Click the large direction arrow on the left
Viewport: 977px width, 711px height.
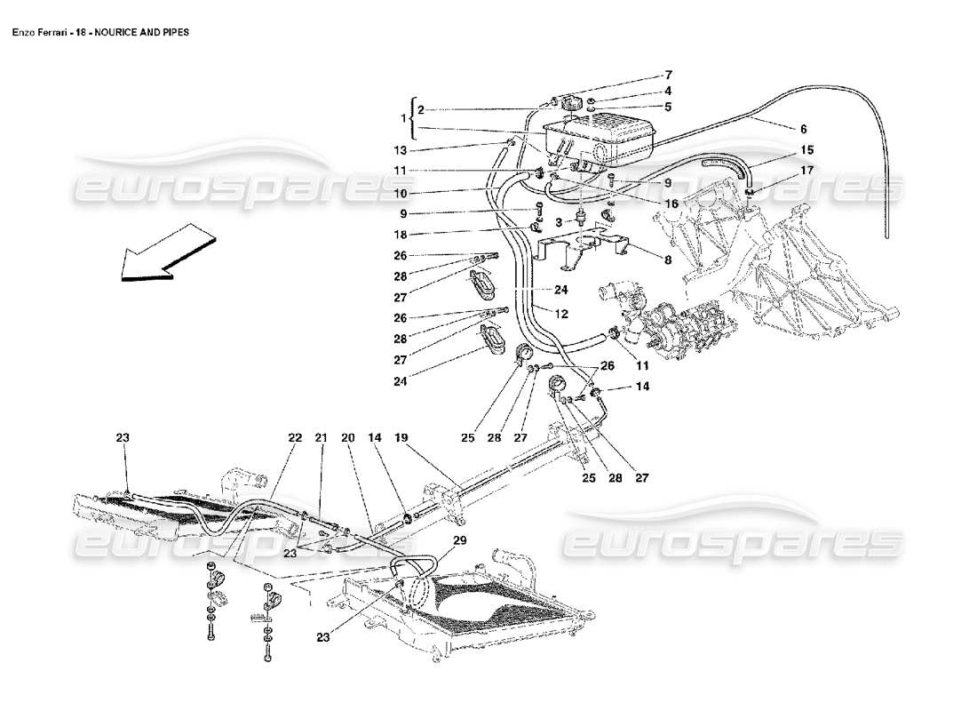tap(166, 253)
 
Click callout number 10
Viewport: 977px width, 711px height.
tap(401, 192)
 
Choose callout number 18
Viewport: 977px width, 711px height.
tap(401, 235)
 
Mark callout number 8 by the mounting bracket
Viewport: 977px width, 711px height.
tap(669, 259)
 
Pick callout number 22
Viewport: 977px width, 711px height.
tap(295, 437)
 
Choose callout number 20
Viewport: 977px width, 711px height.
tap(347, 437)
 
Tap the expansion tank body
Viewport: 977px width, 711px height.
tap(604, 135)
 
